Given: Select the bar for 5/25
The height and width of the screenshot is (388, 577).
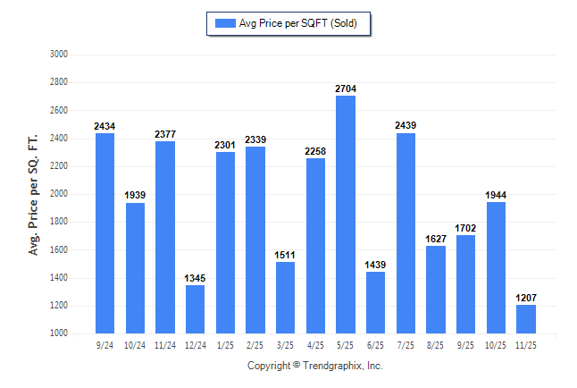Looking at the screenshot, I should (346, 215).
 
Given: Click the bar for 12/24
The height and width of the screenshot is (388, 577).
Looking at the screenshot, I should (196, 309).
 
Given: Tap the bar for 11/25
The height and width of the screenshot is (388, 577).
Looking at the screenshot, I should (526, 319).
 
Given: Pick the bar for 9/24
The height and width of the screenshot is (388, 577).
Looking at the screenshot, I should (105, 233).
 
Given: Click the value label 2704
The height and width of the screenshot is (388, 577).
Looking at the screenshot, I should (346, 89).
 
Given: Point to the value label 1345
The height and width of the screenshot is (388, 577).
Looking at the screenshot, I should (196, 279).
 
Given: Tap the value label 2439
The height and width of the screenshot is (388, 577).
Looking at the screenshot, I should (406, 126).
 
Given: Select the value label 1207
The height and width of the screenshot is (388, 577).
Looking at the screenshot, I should (526, 299).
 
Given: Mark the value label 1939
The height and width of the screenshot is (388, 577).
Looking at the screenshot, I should (135, 196).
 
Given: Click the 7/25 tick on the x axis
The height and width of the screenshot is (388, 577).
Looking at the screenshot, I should (406, 344).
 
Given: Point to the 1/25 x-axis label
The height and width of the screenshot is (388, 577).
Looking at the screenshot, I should (225, 344).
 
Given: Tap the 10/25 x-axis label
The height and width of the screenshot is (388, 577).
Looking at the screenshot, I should (496, 344).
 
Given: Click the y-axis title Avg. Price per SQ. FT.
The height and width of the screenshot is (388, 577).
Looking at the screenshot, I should (35, 194).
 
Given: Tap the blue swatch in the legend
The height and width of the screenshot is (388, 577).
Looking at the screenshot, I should (223, 23).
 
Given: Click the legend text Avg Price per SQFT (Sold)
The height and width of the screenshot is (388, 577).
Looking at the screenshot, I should (297, 23).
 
